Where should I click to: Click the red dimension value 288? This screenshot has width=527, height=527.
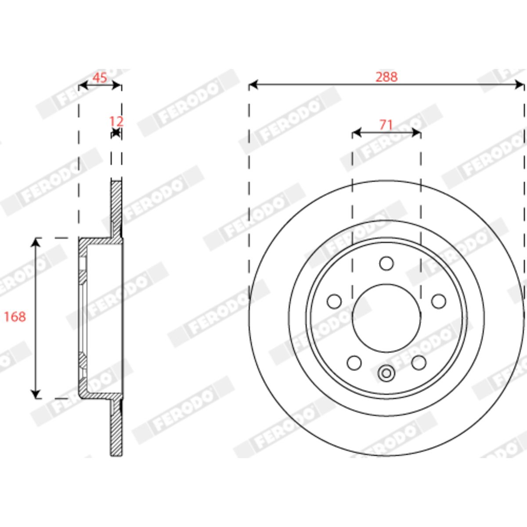pos(386,77)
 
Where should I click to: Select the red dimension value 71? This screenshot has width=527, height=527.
pos(386,125)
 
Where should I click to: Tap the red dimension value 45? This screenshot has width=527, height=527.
pos(100,78)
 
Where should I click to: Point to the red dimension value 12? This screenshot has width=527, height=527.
pos(116,121)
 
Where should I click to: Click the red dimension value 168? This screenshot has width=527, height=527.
pos(15,317)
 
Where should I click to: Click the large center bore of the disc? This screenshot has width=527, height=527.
pos(386,318)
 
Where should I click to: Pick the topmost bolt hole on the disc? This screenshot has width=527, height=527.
pos(386,263)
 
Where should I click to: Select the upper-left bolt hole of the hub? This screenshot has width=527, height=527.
pos(334,301)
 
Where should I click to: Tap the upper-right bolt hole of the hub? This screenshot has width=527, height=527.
pos(439,301)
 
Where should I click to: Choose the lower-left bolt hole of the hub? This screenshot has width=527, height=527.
pos(354,363)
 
